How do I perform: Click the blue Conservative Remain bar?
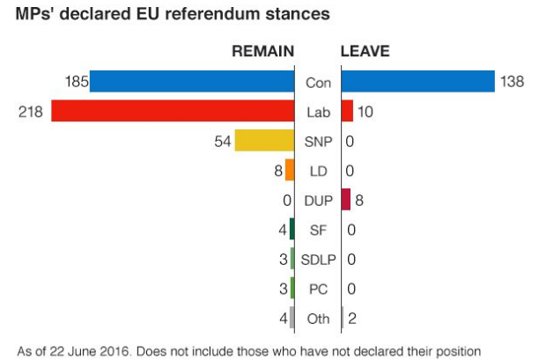click(x=192, y=82)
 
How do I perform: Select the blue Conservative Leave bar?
click(x=417, y=82)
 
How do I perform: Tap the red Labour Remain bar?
click(x=173, y=112)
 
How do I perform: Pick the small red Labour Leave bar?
click(x=347, y=112)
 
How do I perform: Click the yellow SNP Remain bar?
click(x=264, y=141)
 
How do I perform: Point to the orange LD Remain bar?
click(x=290, y=171)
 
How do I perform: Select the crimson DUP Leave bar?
click(x=346, y=200)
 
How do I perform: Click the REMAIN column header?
click(x=262, y=52)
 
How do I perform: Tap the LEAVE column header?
click(x=365, y=52)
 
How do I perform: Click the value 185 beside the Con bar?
click(x=77, y=82)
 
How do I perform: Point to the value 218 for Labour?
click(x=30, y=112)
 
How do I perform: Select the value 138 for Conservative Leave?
click(x=512, y=82)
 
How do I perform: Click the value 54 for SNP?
click(x=221, y=141)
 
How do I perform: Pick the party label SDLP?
click(x=317, y=260)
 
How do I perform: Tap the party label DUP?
click(x=317, y=201)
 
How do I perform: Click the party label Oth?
click(x=317, y=319)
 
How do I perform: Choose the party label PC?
click(x=317, y=289)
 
